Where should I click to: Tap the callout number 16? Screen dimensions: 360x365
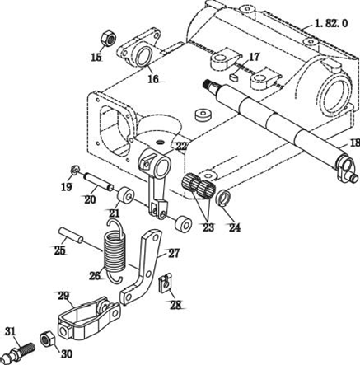(153, 79)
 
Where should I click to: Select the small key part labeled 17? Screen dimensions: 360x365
(234, 77)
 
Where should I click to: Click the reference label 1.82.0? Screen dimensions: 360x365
(331, 23)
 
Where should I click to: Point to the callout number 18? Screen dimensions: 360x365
(355, 143)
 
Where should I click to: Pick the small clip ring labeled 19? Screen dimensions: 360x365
(74, 171)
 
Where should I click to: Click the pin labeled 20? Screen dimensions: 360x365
(99, 181)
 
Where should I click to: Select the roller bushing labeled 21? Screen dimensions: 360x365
(126, 194)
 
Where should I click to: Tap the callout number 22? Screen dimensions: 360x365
(181, 147)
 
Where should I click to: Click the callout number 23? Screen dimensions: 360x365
(208, 227)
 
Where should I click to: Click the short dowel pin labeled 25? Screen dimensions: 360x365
(71, 235)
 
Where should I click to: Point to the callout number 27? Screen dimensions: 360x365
(174, 253)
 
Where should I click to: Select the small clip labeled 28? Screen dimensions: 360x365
(165, 283)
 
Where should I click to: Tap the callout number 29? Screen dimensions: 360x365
(63, 296)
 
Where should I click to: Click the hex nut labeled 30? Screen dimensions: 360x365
(48, 339)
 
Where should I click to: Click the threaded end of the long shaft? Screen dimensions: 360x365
(208, 84)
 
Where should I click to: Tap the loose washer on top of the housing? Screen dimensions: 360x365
(203, 115)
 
